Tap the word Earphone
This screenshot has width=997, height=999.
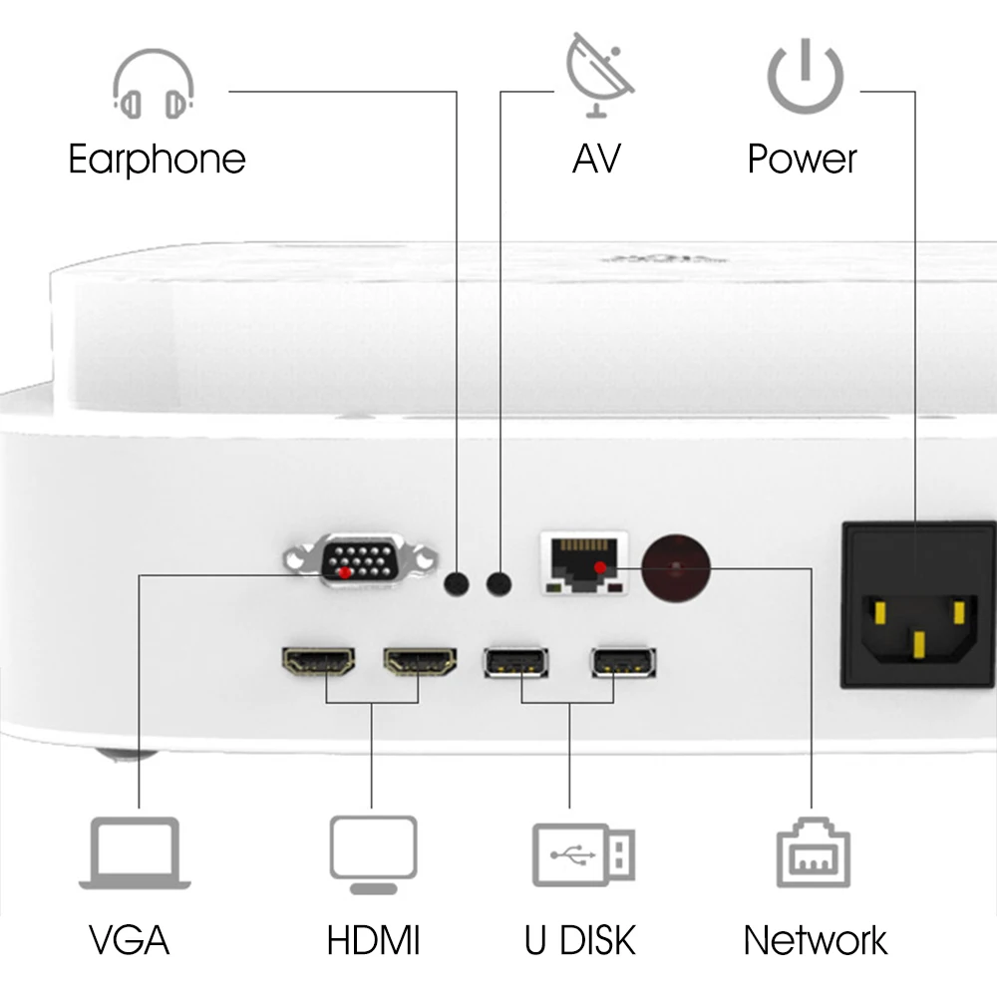coord(157,159)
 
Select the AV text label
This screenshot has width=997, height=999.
coord(596,159)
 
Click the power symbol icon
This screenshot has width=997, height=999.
coord(806,76)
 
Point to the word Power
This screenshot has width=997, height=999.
coord(803,159)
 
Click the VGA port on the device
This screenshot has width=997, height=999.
coord(360,560)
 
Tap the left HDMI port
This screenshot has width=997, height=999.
coord(319,661)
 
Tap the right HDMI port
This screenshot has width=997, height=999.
coord(420,661)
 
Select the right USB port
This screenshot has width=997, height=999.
coord(623,662)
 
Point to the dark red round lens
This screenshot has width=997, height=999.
coord(677,568)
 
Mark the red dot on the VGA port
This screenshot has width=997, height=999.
coord(345,572)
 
